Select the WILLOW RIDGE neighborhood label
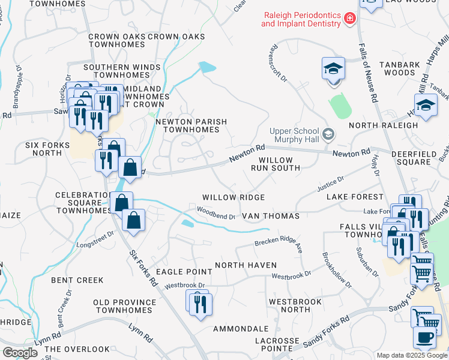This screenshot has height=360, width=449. [x=234, y=197]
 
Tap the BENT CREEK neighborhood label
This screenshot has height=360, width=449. [x=77, y=280]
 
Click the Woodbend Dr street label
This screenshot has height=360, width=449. [x=215, y=212]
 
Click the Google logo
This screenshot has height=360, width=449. [x=20, y=353]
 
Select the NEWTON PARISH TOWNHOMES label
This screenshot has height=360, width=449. [x=191, y=125]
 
